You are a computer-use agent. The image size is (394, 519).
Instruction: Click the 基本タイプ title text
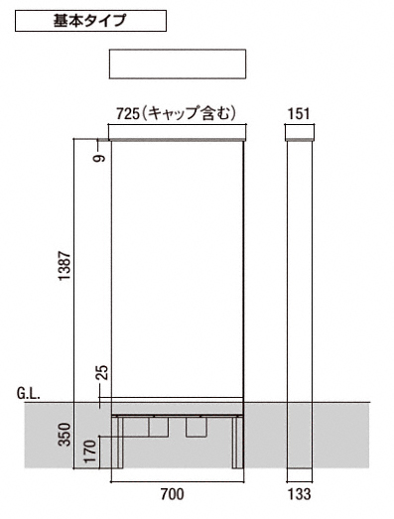pyautogui.click(x=90, y=21)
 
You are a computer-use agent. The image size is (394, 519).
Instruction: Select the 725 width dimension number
pyautogui.click(x=128, y=113)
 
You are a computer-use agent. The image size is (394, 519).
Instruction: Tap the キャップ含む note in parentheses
pyautogui.click(x=191, y=113)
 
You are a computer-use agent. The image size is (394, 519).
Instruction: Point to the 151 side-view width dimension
pyautogui.click(x=300, y=113)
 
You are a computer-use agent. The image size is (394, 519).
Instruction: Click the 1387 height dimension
pyautogui.click(x=64, y=266)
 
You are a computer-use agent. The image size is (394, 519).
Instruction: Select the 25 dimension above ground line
pyautogui.click(x=102, y=373)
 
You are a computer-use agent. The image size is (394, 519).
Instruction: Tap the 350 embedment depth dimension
pyautogui.click(x=65, y=435)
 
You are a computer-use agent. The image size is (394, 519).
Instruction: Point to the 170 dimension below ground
pyautogui.click(x=89, y=451)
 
